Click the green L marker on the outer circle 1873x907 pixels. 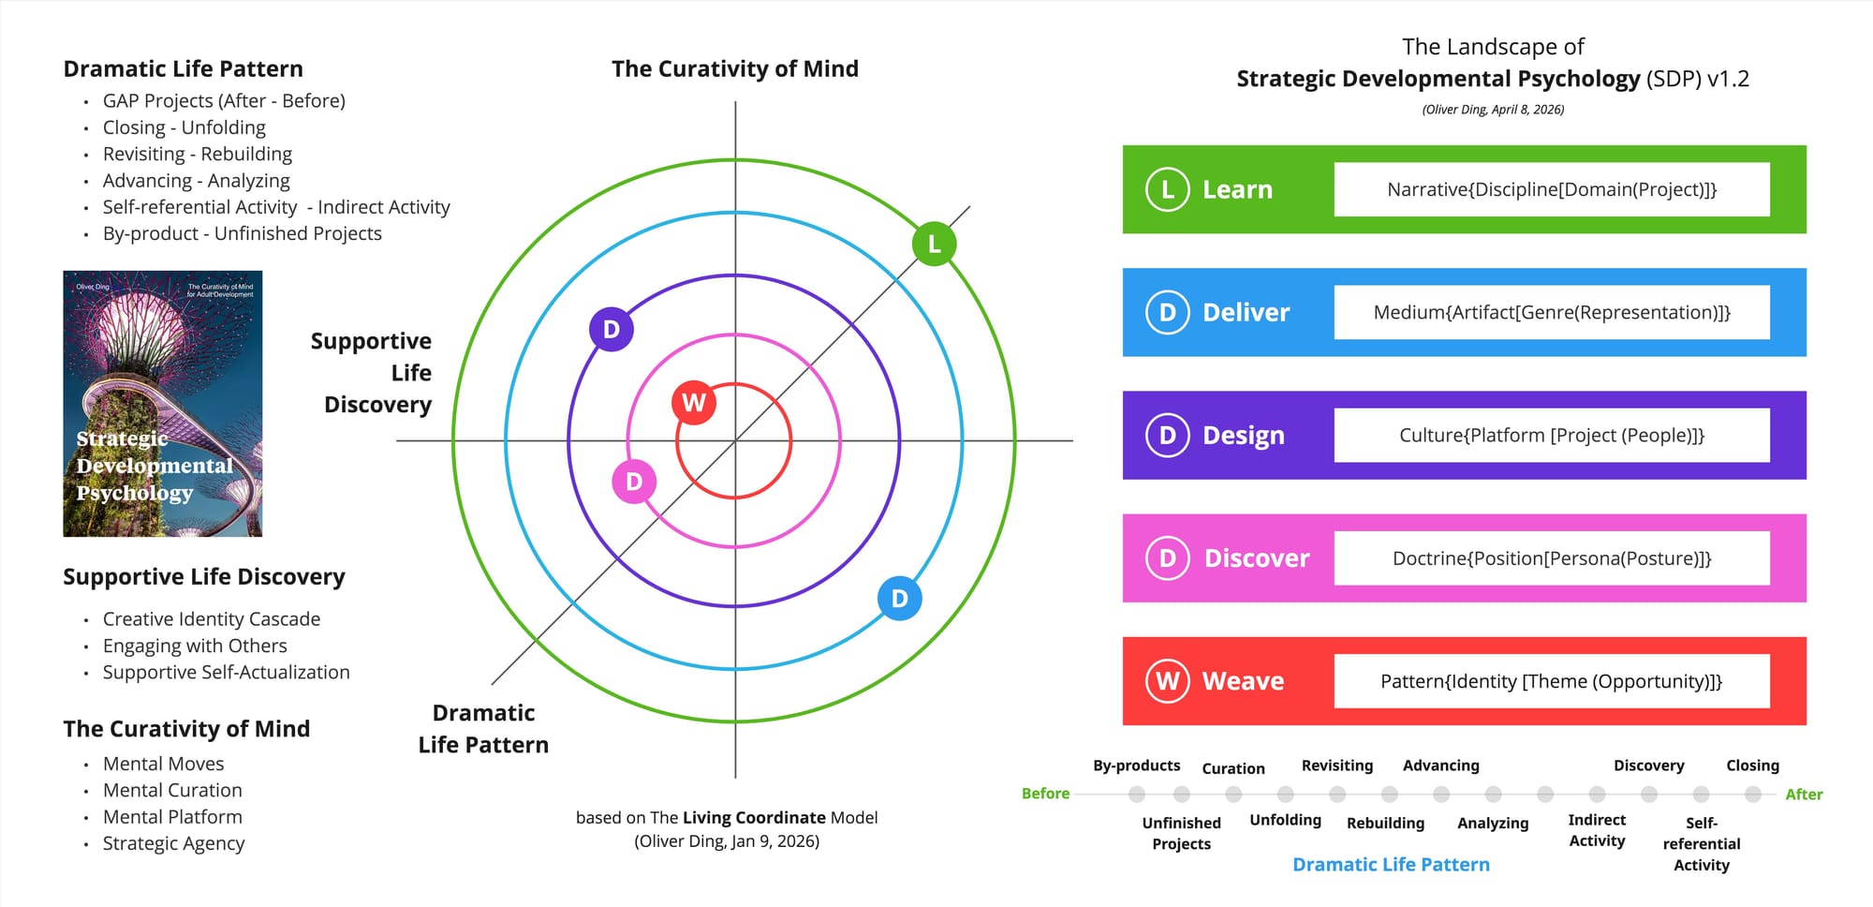click(x=934, y=244)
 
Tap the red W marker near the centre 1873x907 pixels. click(x=694, y=403)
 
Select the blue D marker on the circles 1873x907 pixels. click(x=899, y=599)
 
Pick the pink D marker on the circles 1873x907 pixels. click(x=634, y=482)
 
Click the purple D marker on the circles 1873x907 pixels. click(x=612, y=329)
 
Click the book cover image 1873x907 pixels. click(x=163, y=404)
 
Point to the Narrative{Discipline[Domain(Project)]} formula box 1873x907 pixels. click(x=1552, y=189)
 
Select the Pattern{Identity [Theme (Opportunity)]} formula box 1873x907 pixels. click(x=1552, y=681)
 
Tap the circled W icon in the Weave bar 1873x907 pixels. click(x=1167, y=681)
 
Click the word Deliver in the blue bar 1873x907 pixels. click(x=1246, y=313)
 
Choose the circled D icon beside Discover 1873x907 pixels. click(x=1167, y=558)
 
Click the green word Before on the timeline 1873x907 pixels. click(x=1045, y=794)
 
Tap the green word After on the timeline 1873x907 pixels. click(x=1803, y=795)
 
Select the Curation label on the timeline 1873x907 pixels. click(x=1233, y=768)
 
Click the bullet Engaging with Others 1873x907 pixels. click(x=195, y=646)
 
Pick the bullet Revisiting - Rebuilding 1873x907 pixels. click(x=198, y=154)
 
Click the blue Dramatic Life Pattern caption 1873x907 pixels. click(x=1391, y=865)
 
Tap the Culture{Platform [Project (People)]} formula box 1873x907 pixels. click(x=1552, y=436)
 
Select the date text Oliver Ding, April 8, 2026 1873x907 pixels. click(x=1493, y=110)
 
